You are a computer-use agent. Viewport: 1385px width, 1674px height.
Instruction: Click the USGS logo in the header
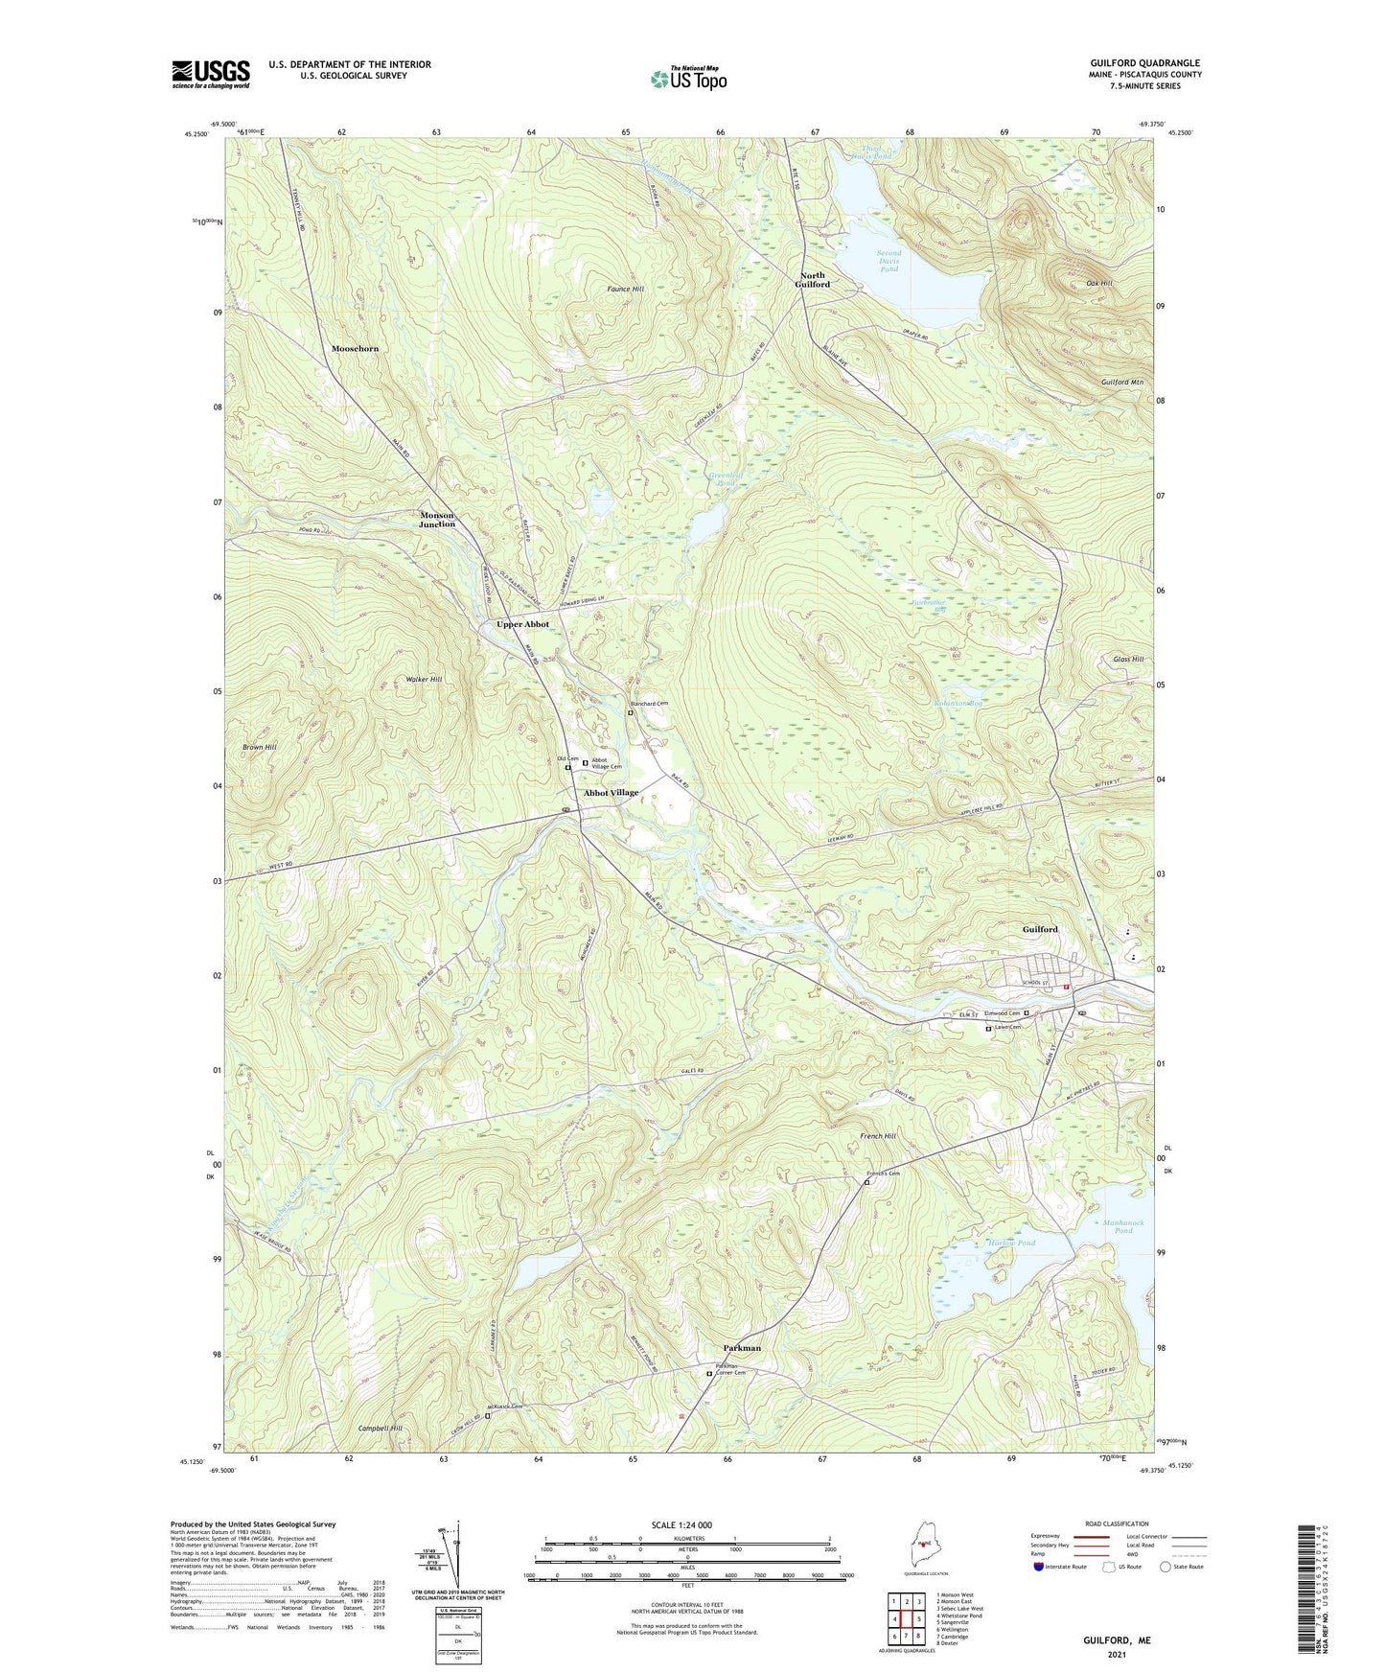[x=210, y=74]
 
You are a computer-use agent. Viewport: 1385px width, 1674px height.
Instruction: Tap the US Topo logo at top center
[x=687, y=80]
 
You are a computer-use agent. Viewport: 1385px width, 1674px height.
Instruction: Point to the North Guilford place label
[x=814, y=280]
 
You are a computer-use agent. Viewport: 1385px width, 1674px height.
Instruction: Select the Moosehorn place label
[x=355, y=349]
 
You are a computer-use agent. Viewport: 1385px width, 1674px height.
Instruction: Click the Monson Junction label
[x=437, y=520]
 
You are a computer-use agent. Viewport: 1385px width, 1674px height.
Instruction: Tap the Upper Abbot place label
[x=522, y=624]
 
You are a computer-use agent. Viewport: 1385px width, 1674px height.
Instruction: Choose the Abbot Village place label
[x=611, y=793]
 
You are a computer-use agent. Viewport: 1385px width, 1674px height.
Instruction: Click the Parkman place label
[x=738, y=1348]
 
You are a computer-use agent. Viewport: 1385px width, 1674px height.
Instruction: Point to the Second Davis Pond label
[x=889, y=262]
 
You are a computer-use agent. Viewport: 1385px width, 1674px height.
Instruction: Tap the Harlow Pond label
[x=1011, y=1244]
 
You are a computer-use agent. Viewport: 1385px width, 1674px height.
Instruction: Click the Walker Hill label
[x=424, y=679]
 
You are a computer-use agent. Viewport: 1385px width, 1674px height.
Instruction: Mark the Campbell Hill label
[x=381, y=1429]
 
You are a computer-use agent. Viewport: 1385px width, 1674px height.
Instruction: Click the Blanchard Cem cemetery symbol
[x=631, y=713]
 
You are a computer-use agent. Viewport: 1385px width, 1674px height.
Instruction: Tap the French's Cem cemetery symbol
[x=866, y=1183]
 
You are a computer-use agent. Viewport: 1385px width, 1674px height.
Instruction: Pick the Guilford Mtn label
[x=1121, y=383]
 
